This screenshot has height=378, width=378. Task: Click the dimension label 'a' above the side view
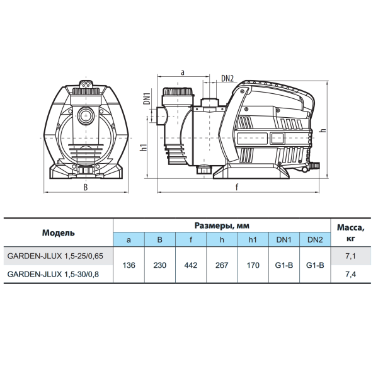[183, 72]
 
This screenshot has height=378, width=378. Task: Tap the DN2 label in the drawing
[227, 78]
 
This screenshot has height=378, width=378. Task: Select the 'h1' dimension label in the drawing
[144, 147]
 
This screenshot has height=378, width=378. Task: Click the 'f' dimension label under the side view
[237, 186]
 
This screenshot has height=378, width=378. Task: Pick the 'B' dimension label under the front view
[86, 187]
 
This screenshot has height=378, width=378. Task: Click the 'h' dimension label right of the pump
[323, 130]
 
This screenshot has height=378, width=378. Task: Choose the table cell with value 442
[191, 265]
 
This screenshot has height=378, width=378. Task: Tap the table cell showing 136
[129, 265]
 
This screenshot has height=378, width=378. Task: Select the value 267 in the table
[222, 265]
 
